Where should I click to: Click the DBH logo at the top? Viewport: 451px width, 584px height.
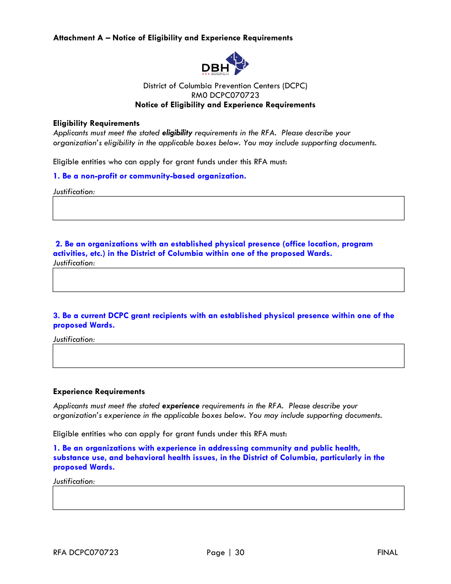pyautogui.click(x=225, y=64)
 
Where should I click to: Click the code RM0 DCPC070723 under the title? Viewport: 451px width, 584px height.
pyautogui.click(x=225, y=95)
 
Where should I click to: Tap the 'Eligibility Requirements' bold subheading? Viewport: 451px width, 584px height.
pyautogui.click(x=96, y=123)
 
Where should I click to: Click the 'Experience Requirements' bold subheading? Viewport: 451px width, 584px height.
pyautogui.click(x=99, y=392)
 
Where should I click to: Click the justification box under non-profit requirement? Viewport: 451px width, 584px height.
pyautogui.click(x=228, y=208)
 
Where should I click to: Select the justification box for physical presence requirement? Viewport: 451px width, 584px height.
pyautogui.click(x=228, y=280)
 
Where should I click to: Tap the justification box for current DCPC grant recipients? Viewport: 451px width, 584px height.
pyautogui.click(x=228, y=356)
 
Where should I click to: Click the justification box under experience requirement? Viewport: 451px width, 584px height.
pyautogui.click(x=228, y=498)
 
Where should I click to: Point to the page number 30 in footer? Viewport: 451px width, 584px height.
pyautogui.click(x=239, y=552)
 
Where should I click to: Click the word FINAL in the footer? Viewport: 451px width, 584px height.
pyautogui.click(x=387, y=552)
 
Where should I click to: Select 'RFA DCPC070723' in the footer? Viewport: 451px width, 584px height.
pyautogui.click(x=86, y=552)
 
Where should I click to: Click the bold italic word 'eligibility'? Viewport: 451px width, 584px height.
pyautogui.click(x=177, y=133)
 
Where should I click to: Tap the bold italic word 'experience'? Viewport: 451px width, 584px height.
pyautogui.click(x=181, y=406)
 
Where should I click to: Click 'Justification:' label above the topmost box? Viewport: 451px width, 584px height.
pyautogui.click(x=74, y=192)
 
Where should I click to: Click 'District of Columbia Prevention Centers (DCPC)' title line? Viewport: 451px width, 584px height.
pyautogui.click(x=225, y=86)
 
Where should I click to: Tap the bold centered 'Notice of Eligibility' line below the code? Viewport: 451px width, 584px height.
pyautogui.click(x=225, y=105)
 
